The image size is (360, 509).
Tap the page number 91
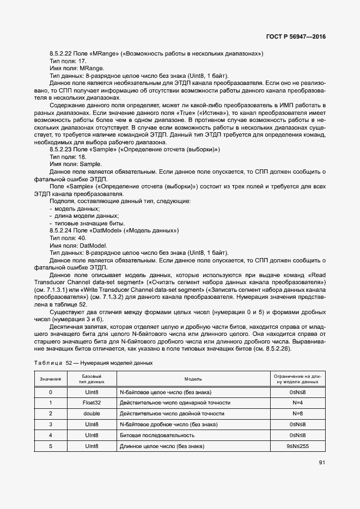[321, 463]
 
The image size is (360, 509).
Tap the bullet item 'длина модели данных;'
[80, 216]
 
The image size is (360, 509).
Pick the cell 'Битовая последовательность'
[157, 436]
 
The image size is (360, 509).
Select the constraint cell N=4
[297, 403]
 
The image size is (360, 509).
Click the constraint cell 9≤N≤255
[297, 446]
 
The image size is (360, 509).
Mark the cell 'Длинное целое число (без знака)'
[162, 446]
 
